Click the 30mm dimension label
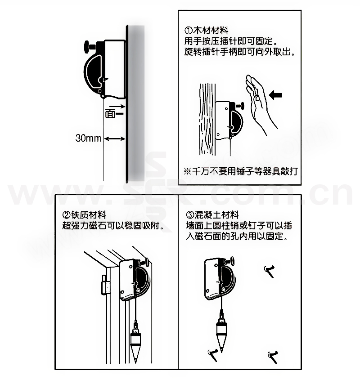pos(88,138)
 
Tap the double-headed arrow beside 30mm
pos(115,139)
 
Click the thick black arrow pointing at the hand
pos(275,95)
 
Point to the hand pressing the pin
pos(260,104)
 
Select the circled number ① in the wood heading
pos(189,31)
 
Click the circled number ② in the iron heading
pos(67,215)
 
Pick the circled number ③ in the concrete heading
pos(190,215)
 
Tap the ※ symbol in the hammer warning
pos(187,171)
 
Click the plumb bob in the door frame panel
pos(135,342)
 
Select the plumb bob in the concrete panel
pos(221,334)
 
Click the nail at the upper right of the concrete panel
pos(270,271)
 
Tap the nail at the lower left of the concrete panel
pos(213,354)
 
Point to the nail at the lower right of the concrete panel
pos(273,356)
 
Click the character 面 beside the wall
pos(110,114)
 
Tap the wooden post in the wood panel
pos(207,120)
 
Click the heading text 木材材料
pos(211,31)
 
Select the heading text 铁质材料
pos(89,215)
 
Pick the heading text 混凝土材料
pos(216,215)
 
